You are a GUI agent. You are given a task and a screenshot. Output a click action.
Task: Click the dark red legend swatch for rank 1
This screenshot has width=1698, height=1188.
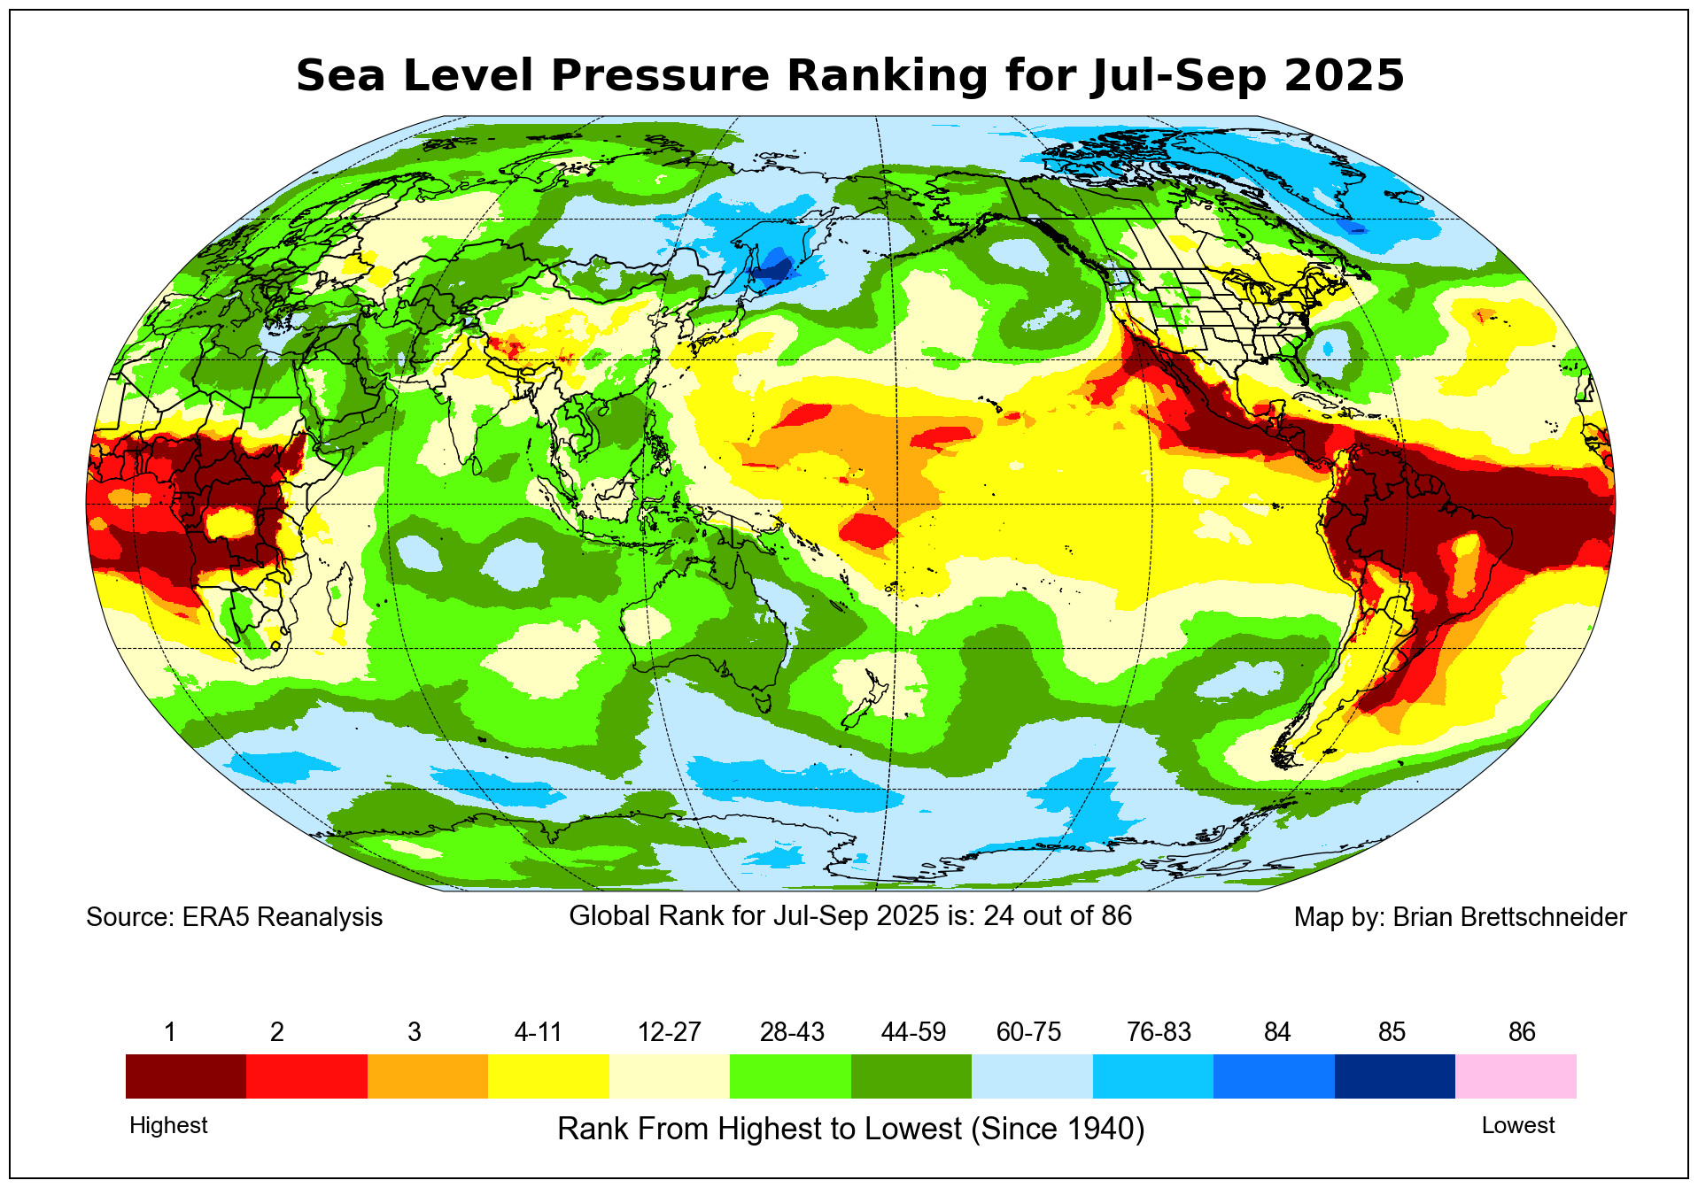(x=186, y=1076)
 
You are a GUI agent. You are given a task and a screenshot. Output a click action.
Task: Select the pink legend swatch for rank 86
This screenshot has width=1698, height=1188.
(x=1516, y=1076)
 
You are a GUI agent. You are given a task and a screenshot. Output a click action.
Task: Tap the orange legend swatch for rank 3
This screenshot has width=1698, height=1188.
(x=428, y=1076)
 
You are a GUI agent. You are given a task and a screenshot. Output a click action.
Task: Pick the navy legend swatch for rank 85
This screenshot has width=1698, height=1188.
(x=1394, y=1076)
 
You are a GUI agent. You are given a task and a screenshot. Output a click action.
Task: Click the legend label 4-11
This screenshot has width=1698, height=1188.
(x=539, y=1032)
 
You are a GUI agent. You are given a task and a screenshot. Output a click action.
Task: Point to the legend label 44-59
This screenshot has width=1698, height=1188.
(x=913, y=1032)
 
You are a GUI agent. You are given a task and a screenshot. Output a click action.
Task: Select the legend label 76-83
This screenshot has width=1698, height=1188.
(x=1159, y=1032)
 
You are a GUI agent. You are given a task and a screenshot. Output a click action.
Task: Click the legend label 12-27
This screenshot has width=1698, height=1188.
(x=670, y=1032)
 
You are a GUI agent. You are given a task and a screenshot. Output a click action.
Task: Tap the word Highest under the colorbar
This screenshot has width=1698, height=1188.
(x=168, y=1125)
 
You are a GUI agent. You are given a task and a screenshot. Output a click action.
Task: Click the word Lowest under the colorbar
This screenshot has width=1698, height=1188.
(x=1518, y=1125)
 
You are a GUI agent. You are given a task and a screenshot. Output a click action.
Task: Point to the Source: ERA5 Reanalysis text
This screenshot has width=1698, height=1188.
(x=234, y=917)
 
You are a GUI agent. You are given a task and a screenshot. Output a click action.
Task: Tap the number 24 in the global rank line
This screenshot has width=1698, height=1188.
(x=998, y=915)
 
